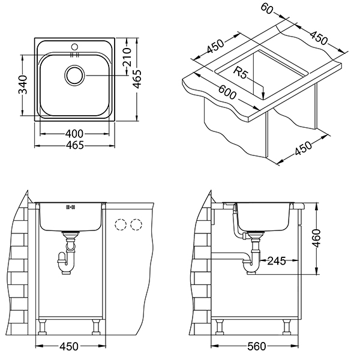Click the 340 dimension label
pos(23,85)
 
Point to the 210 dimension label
pos(127,57)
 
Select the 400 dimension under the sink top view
pos(74,134)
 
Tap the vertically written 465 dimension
pos(137,79)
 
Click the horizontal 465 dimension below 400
pos(74,145)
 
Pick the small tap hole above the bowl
pos(74,47)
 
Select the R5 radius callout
pos(241,73)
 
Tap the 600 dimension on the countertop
pos(227,92)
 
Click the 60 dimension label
pos(267,9)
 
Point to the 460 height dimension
pos(317,238)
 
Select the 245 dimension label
pos(277,261)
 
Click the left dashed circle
pos(121,224)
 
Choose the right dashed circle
pos(136,224)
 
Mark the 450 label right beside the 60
pos(319,37)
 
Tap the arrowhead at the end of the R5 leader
pos(263,99)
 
